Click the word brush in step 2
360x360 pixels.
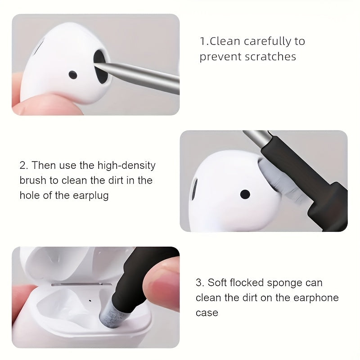(x=34, y=180)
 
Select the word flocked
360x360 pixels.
(x=254, y=283)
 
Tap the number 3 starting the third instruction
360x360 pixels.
(x=198, y=283)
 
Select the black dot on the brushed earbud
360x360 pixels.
(x=245, y=194)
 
